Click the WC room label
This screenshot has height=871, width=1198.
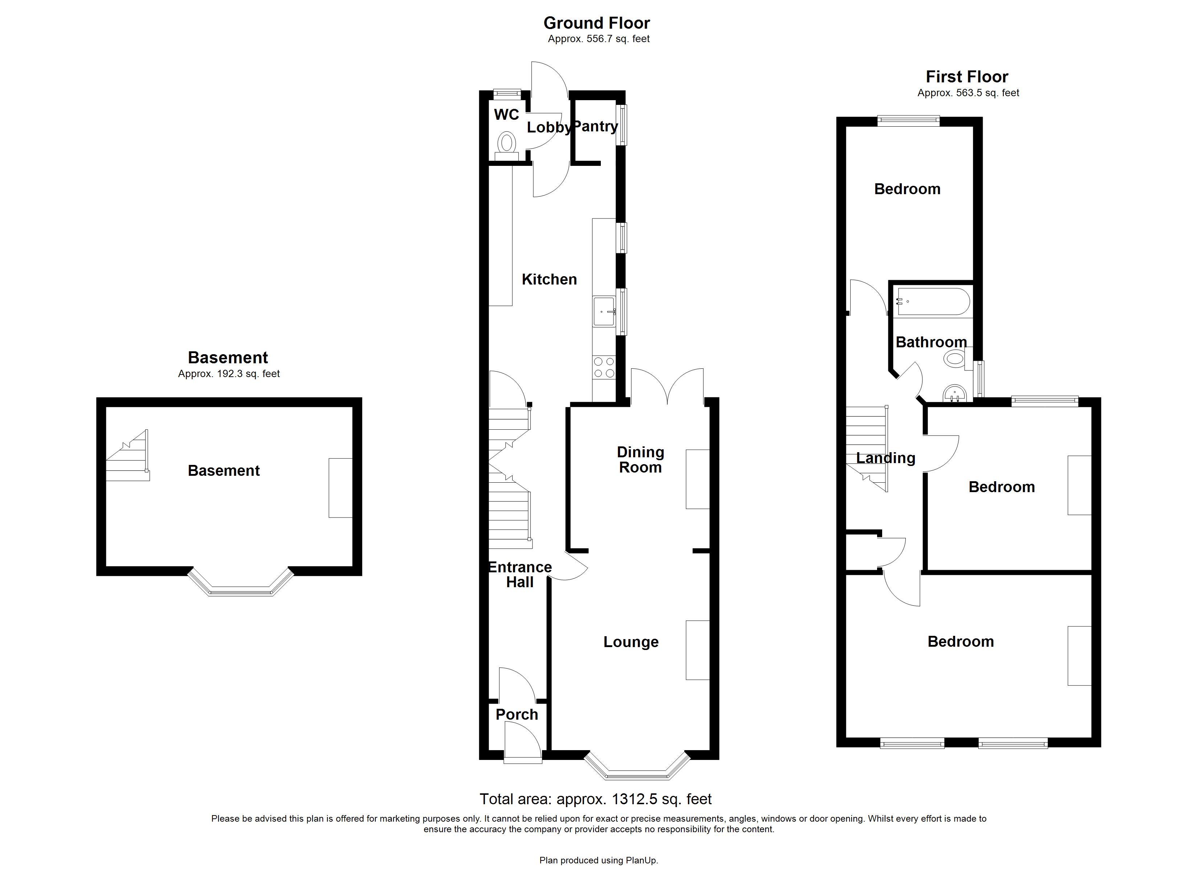click(x=506, y=115)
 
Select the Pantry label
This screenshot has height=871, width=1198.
click(x=595, y=126)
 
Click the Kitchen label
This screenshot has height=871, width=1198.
click(x=549, y=279)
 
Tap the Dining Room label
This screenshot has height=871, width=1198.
click(x=640, y=459)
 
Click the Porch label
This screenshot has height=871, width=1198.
click(x=517, y=714)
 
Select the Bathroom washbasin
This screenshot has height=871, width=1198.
click(x=955, y=393)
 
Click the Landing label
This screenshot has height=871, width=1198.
click(x=885, y=458)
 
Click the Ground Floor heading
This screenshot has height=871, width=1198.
click(x=596, y=23)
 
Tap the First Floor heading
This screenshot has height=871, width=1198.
click(x=967, y=77)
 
